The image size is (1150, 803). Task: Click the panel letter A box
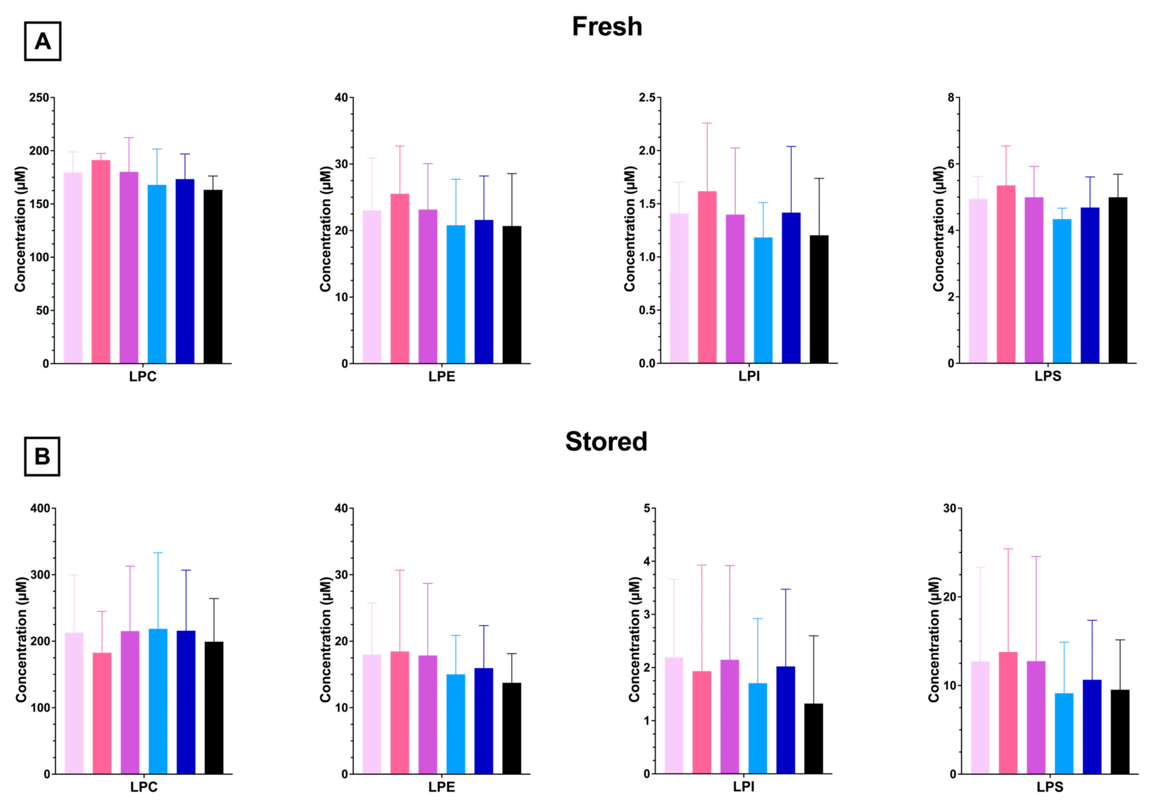coord(42,41)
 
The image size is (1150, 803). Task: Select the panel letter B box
coord(42,456)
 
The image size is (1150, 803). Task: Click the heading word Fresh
coord(607,27)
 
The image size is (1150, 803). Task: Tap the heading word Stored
coord(606,441)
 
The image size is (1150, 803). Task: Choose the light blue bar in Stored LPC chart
coord(158,701)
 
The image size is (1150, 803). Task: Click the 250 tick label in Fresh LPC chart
coord(39,98)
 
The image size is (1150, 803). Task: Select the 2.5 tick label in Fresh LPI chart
coord(647,98)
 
